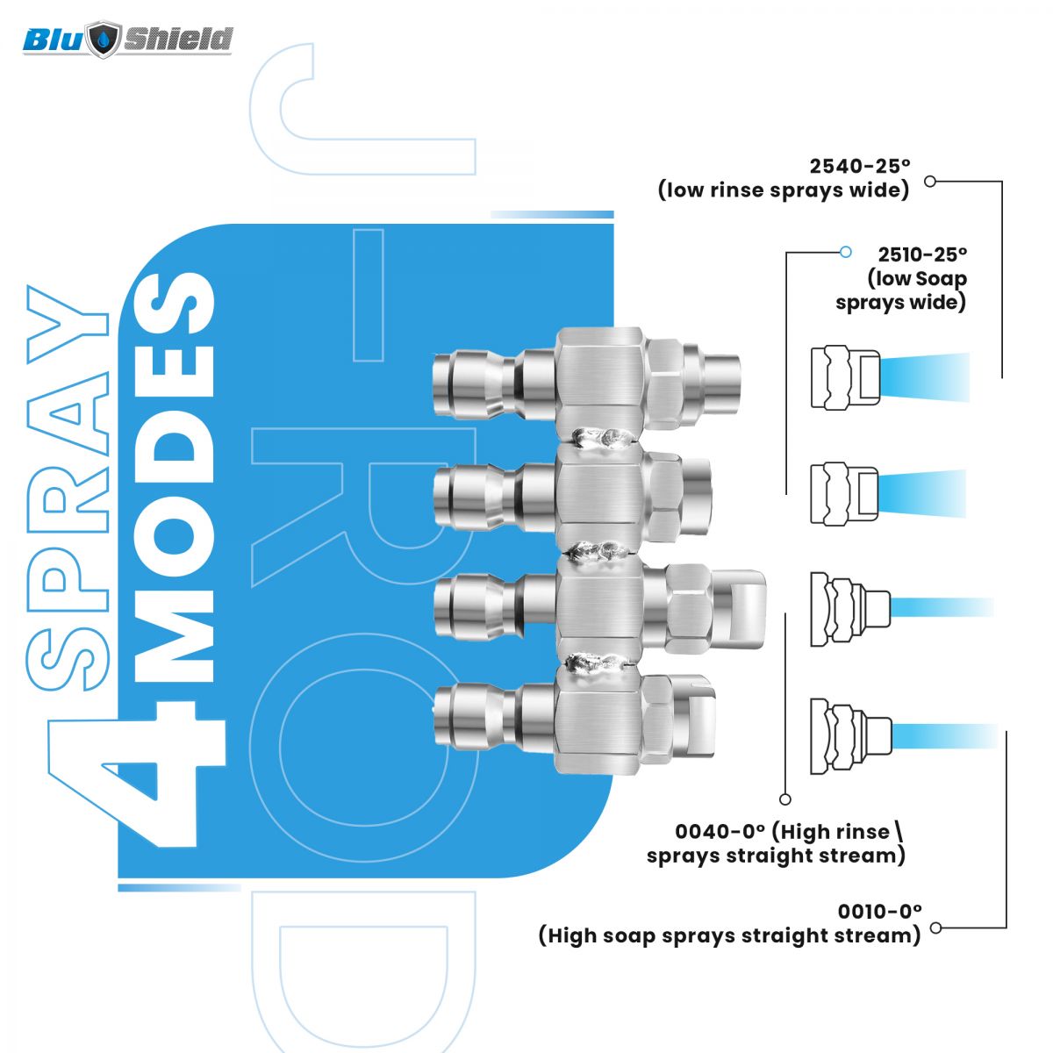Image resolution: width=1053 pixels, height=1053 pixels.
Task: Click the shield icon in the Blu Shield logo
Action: coord(105,39)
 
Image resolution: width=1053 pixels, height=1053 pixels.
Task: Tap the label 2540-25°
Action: coord(860,166)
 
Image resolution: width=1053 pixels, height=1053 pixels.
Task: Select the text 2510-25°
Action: coord(922,254)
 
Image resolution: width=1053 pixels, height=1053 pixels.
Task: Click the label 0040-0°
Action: coord(720,832)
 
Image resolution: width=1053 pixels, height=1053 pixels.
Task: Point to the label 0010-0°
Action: coord(879,911)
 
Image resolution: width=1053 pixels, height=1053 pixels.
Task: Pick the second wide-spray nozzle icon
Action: coord(844,492)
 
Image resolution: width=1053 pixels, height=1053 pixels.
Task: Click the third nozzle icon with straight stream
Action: coord(849,608)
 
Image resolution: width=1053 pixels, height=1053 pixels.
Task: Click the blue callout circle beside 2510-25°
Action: coord(845,252)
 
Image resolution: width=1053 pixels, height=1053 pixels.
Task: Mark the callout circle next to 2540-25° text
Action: coord(931,182)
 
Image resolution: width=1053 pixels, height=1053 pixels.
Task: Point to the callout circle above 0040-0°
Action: coord(785,799)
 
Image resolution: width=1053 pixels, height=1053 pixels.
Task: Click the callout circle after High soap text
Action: coord(935,928)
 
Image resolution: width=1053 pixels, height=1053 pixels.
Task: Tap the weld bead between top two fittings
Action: coord(601,437)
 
